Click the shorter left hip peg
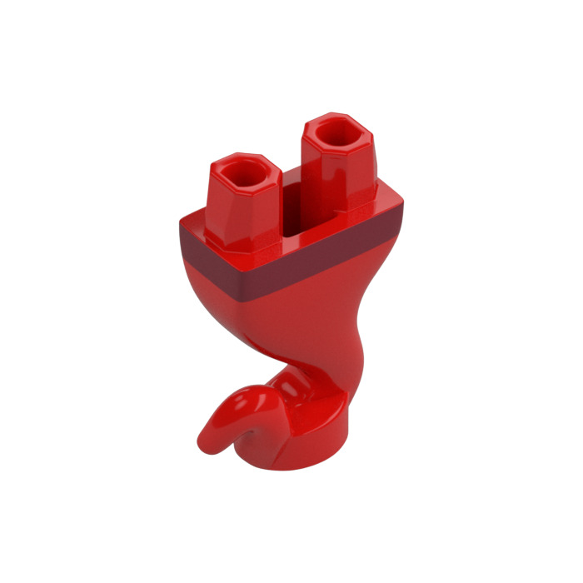242,204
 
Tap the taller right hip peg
337,167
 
